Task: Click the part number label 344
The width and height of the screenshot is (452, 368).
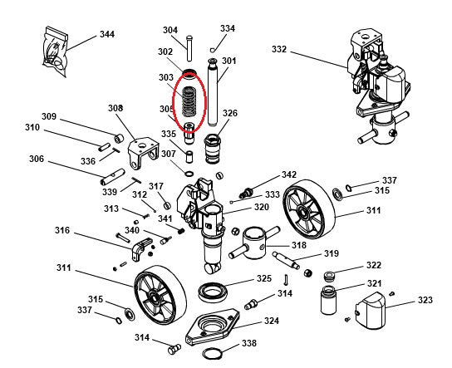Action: tap(107, 35)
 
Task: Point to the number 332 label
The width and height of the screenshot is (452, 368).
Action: tap(278, 50)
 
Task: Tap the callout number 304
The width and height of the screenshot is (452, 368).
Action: tap(169, 31)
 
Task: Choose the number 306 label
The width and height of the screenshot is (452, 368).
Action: tap(37, 159)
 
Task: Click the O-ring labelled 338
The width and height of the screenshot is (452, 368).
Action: tap(213, 355)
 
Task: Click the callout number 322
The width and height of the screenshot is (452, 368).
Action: tap(374, 265)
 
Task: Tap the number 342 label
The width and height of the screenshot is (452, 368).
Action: tap(288, 175)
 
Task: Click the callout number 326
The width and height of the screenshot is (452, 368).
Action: tap(229, 114)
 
